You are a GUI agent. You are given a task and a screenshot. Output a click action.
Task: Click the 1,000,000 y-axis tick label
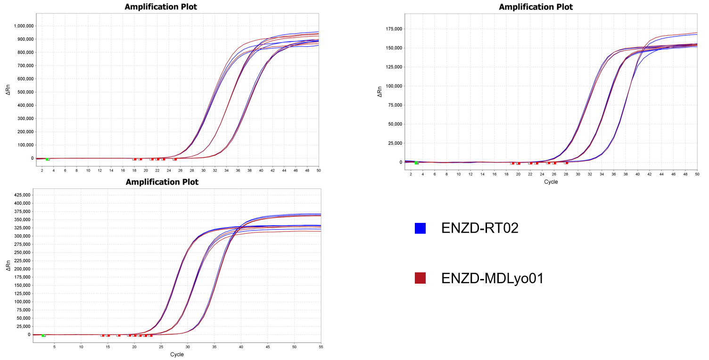(21, 26)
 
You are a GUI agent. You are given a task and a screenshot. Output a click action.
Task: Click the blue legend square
(420, 228)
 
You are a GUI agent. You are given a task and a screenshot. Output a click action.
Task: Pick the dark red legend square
(420, 278)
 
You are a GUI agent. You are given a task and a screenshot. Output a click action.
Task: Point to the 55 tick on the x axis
(321, 347)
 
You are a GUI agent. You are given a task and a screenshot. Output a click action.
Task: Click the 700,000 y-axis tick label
(23, 65)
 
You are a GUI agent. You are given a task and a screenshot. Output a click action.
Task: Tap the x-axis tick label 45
(267, 347)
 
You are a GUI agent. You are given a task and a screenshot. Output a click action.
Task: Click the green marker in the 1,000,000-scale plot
(48, 159)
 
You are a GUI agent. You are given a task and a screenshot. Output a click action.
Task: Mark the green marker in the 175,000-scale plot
(416, 163)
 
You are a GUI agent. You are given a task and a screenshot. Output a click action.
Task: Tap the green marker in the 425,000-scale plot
(43, 335)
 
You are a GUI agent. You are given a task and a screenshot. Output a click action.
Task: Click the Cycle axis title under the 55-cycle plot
(177, 354)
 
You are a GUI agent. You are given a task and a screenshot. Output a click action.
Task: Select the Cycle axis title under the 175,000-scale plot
(551, 181)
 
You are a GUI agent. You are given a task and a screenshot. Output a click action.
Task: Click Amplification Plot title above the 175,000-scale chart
(536, 7)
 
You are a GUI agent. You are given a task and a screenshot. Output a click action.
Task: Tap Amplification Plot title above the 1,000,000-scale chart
(161, 7)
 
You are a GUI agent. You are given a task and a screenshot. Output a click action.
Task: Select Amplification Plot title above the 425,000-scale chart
(162, 182)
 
